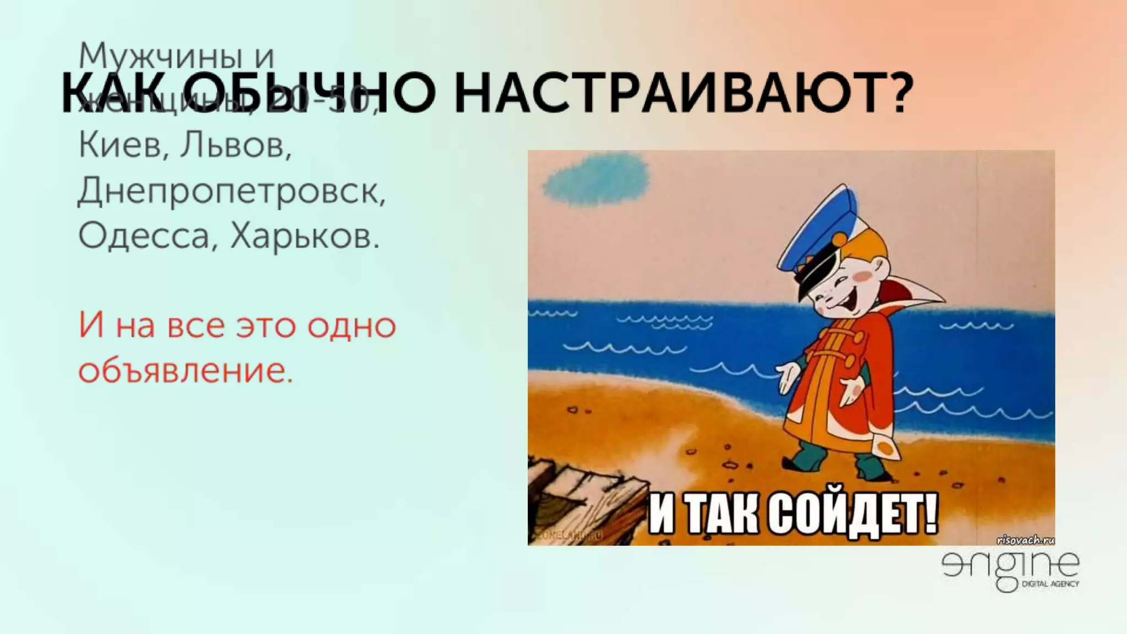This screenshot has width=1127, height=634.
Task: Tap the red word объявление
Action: tap(185, 371)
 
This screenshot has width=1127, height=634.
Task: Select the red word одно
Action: tap(351, 326)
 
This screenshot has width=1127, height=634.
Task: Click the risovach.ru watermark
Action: tap(1025, 540)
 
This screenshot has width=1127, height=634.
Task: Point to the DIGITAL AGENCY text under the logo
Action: tap(1050, 584)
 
